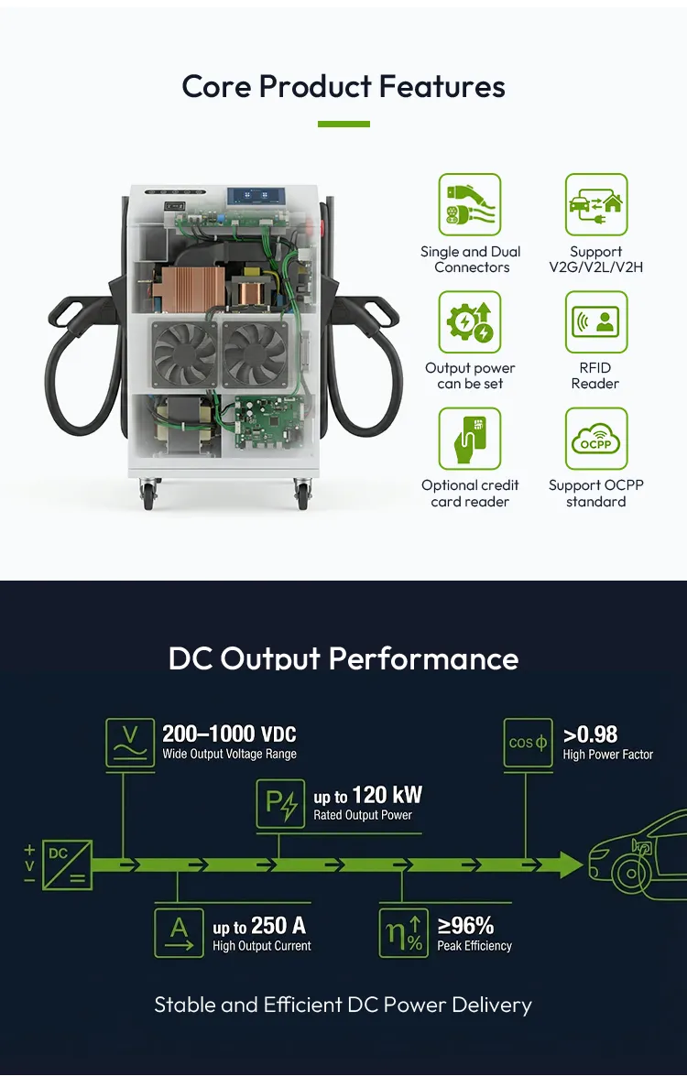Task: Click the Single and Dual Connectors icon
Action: point(470,204)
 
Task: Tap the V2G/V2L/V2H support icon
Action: point(595,204)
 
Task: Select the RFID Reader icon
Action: point(595,321)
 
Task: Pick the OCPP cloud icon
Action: point(595,440)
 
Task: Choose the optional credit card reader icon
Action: point(470,440)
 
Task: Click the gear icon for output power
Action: point(470,321)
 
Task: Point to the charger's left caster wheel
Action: point(148,495)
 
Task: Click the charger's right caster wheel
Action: point(302,495)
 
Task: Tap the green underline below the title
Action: point(343,125)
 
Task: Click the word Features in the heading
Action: point(442,87)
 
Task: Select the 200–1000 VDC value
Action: point(229,734)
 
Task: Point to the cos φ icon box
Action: point(528,743)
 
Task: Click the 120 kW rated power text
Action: point(387,796)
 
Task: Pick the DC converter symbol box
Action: point(67,864)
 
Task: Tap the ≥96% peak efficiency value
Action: point(465,926)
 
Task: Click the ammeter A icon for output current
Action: point(179,932)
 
